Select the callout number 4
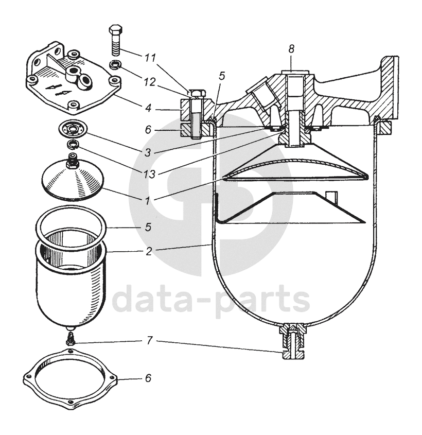coord(148,110)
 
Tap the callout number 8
coord(292,49)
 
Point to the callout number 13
coord(148,173)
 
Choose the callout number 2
coord(148,251)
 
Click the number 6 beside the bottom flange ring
coord(148,379)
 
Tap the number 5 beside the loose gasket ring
coord(148,227)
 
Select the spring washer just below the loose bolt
coord(116,65)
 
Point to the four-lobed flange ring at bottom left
coord(72,381)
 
